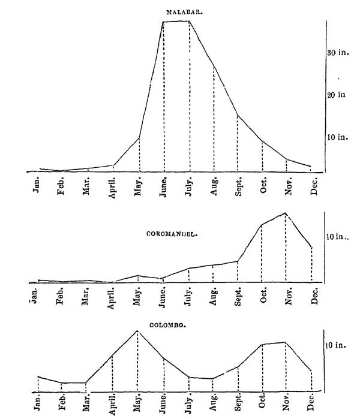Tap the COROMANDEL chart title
pyautogui.click(x=173, y=234)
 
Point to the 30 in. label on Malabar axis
pyautogui.click(x=338, y=53)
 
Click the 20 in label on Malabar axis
pyautogui.click(x=336, y=95)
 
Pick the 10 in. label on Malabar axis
pyautogui.click(x=338, y=137)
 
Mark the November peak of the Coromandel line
pyautogui.click(x=286, y=213)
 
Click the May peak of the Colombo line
pyautogui.click(x=138, y=330)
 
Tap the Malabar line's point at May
pyautogui.click(x=139, y=138)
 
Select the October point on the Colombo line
pyautogui.click(x=262, y=345)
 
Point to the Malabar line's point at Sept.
pyautogui.click(x=238, y=115)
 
